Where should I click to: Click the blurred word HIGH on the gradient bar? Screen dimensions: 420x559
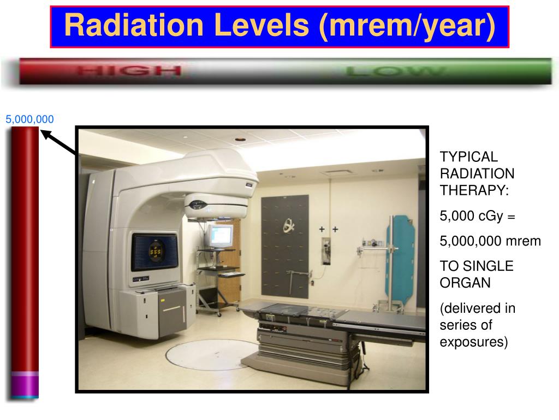[x=128, y=71]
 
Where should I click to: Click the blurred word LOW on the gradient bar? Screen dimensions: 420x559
[x=396, y=71]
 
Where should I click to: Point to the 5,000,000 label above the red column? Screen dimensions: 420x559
[x=29, y=119]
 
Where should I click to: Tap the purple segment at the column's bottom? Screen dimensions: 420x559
[x=25, y=385]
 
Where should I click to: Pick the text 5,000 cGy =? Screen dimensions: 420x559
[x=477, y=216]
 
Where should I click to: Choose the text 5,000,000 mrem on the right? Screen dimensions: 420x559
[x=490, y=241]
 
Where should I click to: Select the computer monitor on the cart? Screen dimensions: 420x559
[x=221, y=236]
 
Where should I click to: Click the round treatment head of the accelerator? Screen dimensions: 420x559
[x=216, y=208]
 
